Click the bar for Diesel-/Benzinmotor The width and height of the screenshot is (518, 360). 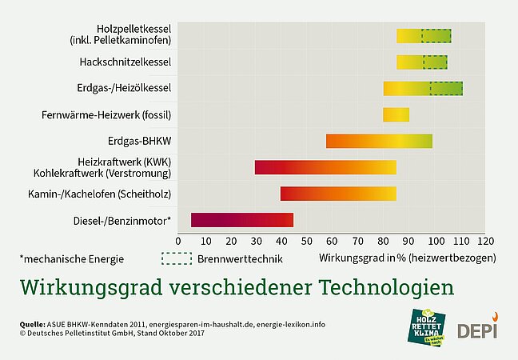pos(242,220)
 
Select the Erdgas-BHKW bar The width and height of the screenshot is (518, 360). pos(379,142)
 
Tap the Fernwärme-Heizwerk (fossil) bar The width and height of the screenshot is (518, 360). pos(396,114)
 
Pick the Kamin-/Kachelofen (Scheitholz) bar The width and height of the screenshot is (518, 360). pos(338,194)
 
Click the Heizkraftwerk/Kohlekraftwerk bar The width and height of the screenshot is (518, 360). pos(325,167)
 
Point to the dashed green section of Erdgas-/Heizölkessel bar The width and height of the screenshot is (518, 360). pos(446,88)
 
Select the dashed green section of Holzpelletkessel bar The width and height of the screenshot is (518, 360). pos(436,35)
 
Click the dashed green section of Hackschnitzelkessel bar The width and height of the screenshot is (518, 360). pos(435,62)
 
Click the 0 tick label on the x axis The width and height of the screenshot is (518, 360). pos(181,241)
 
